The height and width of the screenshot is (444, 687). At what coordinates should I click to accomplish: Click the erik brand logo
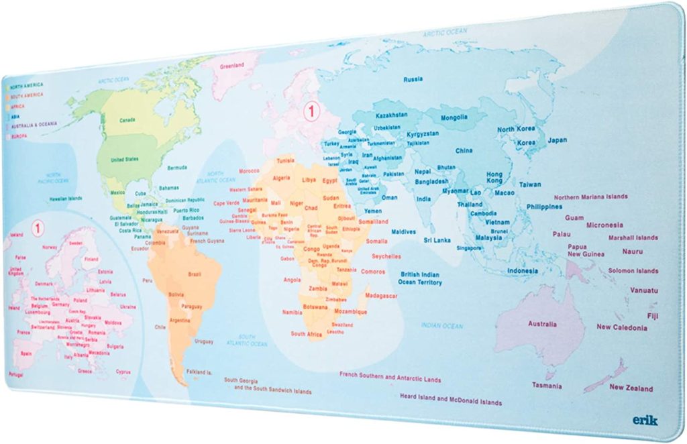pos(645,420)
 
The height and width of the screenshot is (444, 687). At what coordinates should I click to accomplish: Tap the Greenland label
pos(232,66)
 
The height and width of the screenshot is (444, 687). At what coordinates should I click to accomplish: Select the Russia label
pos(413,79)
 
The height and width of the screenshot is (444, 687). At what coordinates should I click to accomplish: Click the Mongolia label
pos(454,118)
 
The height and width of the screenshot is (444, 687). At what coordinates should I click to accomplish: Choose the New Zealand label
pos(631,388)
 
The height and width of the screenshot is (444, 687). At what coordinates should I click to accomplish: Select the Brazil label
pos(195,274)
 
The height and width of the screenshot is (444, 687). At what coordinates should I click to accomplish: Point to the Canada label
pos(127,120)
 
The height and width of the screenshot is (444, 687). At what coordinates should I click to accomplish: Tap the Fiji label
pos(652,316)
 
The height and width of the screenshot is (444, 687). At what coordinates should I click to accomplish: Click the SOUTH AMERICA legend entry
pos(25,95)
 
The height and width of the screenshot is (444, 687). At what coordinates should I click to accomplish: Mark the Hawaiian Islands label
pos(65,199)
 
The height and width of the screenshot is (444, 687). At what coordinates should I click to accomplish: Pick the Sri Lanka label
pos(436,239)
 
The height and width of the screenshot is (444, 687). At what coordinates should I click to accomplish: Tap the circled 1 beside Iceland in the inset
pos(38,228)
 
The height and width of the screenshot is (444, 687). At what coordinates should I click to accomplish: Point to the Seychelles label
pos(386,256)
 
